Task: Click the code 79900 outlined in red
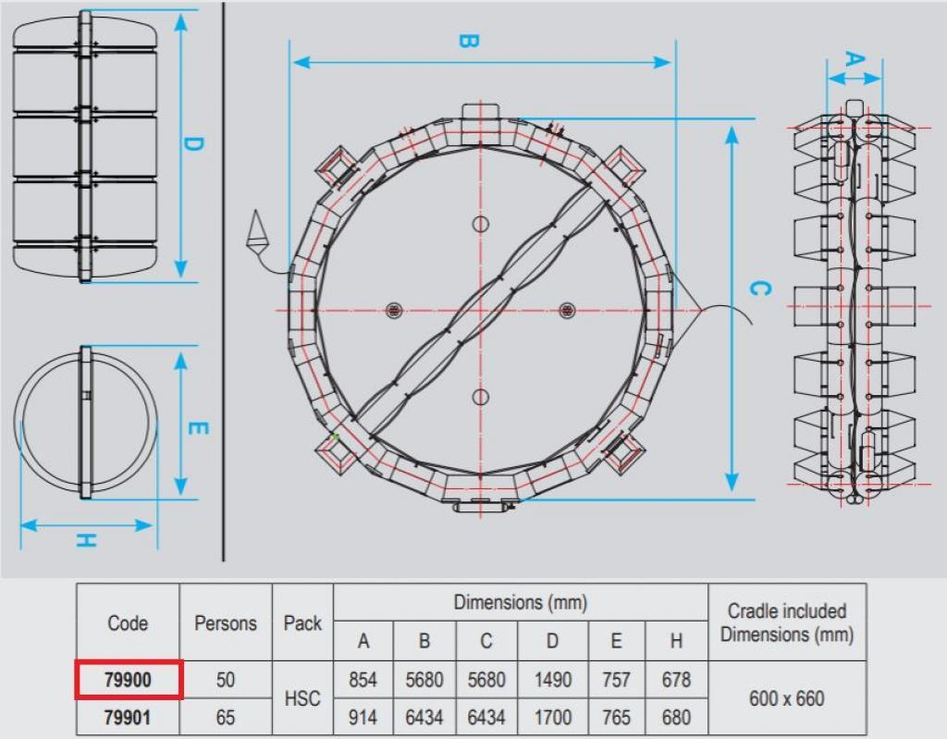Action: click(x=128, y=680)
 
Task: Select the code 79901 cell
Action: click(x=128, y=717)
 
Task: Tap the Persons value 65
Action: click(x=226, y=717)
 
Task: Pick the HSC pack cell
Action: click(x=302, y=698)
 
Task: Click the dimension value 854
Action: click(x=363, y=680)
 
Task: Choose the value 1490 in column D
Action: click(x=553, y=680)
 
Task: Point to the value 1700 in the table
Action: click(x=553, y=717)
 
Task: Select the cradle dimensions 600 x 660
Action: click(x=786, y=698)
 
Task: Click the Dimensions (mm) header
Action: click(x=520, y=602)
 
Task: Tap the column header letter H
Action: click(x=676, y=641)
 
